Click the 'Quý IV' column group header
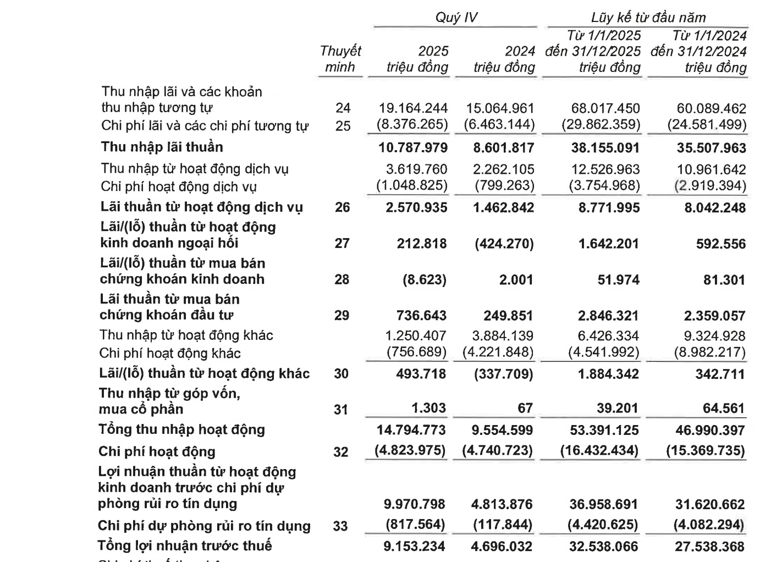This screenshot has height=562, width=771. (x=456, y=18)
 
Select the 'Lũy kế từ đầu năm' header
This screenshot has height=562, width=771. (x=648, y=18)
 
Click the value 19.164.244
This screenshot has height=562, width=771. (x=414, y=108)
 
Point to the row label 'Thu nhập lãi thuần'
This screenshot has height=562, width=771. (x=162, y=147)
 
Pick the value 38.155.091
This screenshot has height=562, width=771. (x=605, y=148)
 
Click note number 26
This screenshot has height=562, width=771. (x=342, y=207)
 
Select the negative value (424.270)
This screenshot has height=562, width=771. (x=504, y=243)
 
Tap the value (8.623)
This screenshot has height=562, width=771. (x=425, y=279)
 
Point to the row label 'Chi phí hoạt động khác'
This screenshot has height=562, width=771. (x=170, y=353)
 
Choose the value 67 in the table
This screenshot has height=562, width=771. (x=525, y=408)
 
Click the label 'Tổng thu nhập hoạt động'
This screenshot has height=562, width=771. (x=181, y=429)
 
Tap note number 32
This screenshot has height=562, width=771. (x=341, y=451)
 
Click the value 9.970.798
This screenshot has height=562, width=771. (x=414, y=504)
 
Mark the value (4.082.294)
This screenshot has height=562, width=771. (x=708, y=525)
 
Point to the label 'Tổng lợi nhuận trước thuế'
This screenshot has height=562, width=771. (x=185, y=546)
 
